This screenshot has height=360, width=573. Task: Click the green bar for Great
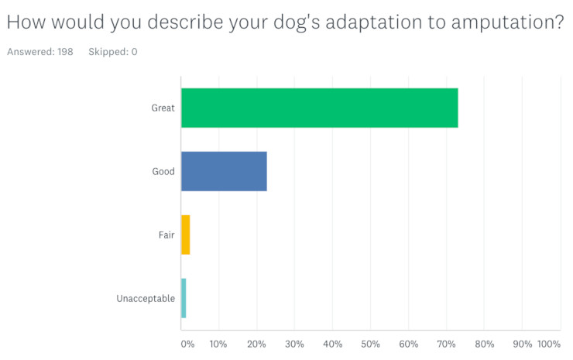pyautogui.click(x=320, y=108)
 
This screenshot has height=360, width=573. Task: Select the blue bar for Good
pyautogui.click(x=224, y=171)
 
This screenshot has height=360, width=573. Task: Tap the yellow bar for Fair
pyautogui.click(x=186, y=235)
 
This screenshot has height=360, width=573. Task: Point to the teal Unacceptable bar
pyautogui.click(x=184, y=298)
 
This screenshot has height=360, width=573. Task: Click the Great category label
pyautogui.click(x=163, y=108)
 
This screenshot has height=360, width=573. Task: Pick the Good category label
pyautogui.click(x=163, y=171)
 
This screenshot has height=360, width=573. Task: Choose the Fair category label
pyautogui.click(x=166, y=235)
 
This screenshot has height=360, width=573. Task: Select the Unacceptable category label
pyautogui.click(x=146, y=299)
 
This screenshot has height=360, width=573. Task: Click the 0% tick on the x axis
pyautogui.click(x=187, y=344)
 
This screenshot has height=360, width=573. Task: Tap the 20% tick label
pyautogui.click(x=256, y=344)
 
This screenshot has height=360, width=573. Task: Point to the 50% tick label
pyautogui.click(x=370, y=344)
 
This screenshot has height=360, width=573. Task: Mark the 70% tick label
pyautogui.click(x=446, y=344)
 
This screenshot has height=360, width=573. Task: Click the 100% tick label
pyautogui.click(x=549, y=344)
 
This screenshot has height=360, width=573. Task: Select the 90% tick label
pyautogui.click(x=522, y=344)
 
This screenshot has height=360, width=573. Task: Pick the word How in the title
pyautogui.click(x=26, y=22)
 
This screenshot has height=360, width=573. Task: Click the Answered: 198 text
pyautogui.click(x=40, y=52)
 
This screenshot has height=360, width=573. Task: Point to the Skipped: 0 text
pyautogui.click(x=113, y=52)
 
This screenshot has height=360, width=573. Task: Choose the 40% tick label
pyautogui.click(x=332, y=344)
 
